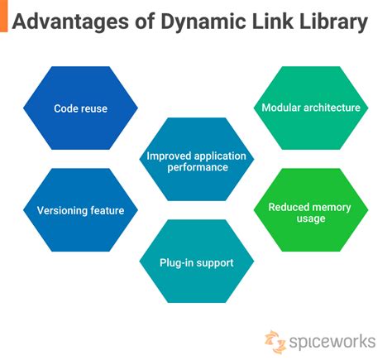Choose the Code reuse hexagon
[80, 108]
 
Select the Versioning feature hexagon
[80, 210]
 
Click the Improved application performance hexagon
[196, 160]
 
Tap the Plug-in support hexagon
[196, 262]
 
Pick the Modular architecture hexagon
[310, 108]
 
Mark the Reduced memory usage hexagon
[310, 212]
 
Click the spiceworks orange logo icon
[274, 339]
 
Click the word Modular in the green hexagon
[281, 108]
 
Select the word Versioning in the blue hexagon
[63, 210]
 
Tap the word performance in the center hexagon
[196, 166]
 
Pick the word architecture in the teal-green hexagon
[331, 108]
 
